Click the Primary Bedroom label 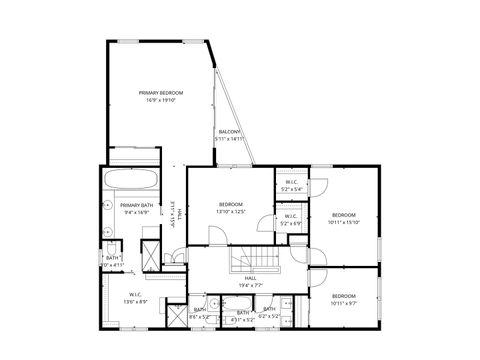coord(161,92)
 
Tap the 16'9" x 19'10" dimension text coord(161,100)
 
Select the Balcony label coord(229,132)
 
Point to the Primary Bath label coord(136,205)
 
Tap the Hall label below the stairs coord(250,278)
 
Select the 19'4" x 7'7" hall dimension coord(250,286)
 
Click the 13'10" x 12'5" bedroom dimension coord(231,212)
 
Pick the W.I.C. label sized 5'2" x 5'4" coord(291,181)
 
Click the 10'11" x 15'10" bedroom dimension coord(344,222)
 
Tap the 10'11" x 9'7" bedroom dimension coord(344,302)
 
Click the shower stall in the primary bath coord(150,250)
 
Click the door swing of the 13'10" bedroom coord(214,234)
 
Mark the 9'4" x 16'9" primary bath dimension coord(136,213)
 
